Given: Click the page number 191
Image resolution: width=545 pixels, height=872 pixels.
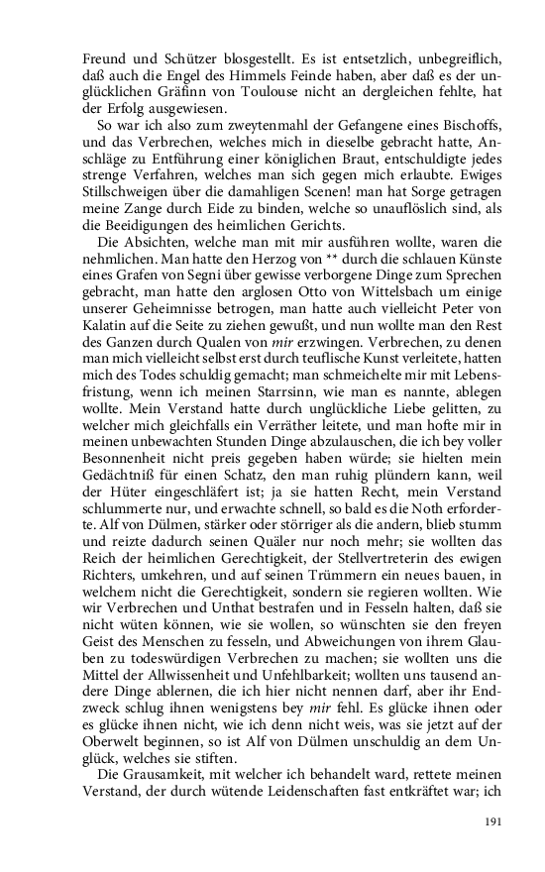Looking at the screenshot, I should coord(495,821).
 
